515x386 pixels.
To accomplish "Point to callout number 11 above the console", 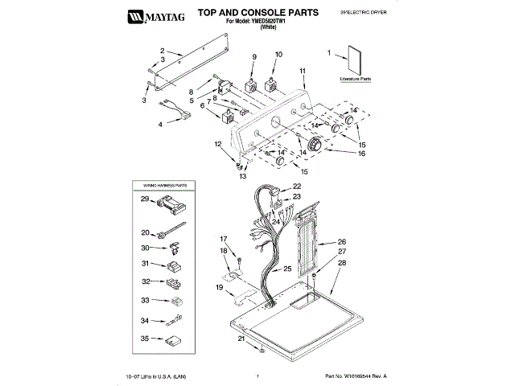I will point(303,72).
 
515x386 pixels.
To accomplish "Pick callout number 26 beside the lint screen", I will point(342,241).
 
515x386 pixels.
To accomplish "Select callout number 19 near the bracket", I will point(219,287).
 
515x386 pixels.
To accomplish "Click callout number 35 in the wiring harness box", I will point(146,339).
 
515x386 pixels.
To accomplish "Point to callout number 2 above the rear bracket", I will point(162,50).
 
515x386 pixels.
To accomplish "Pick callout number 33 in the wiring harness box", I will point(146,301).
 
